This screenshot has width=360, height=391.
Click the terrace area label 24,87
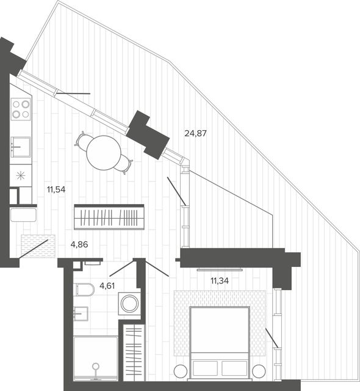195,133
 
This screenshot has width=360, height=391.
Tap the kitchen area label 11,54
56,190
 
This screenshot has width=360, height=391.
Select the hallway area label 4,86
79,244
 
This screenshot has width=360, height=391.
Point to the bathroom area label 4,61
107,286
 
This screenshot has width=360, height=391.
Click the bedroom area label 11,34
220,281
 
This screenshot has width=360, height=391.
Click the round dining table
104,153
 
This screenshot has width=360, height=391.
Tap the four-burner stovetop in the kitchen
21,109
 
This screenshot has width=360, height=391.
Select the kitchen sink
21,147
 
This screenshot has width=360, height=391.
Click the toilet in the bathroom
85,290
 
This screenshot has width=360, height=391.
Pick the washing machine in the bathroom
129,304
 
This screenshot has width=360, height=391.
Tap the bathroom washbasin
81,313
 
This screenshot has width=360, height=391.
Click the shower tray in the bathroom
96,359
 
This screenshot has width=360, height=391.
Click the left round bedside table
181,371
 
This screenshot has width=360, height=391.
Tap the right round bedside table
259,371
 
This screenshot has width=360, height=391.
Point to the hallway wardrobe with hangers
109,217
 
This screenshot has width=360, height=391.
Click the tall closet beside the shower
134,353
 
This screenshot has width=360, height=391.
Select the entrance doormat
38,246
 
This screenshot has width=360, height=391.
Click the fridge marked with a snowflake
21,175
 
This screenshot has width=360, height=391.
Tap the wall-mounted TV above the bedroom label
220,269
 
